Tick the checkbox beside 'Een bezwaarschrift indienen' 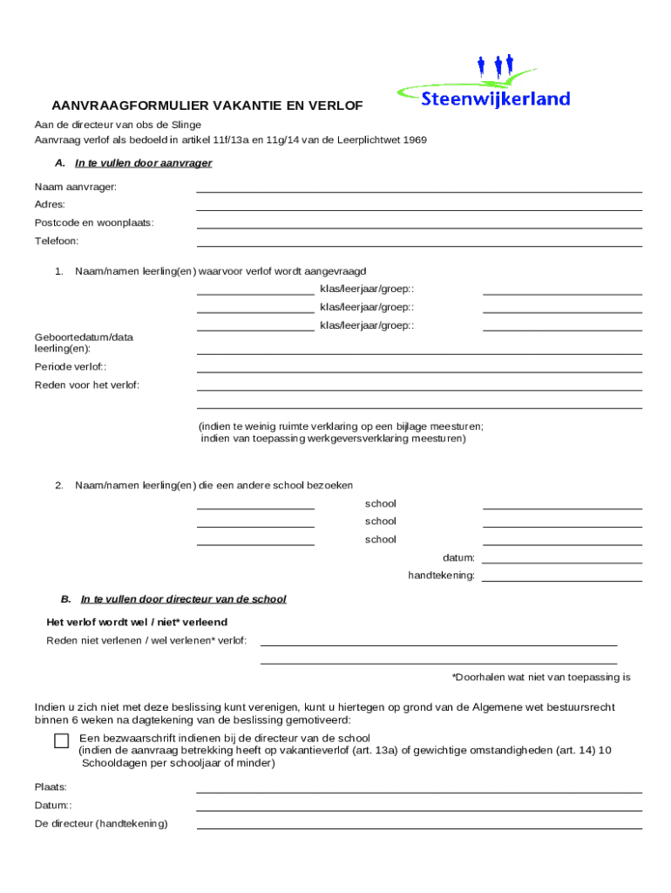tap(61, 741)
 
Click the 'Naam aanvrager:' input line tap(419, 190)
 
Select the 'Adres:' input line tap(419, 208)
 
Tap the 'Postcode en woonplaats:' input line tap(419, 227)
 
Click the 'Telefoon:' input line tap(419, 245)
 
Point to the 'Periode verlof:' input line tap(419, 371)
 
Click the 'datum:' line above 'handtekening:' tap(562, 562)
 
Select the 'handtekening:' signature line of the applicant tap(562, 580)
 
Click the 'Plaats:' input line tap(419, 792)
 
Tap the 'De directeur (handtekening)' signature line tap(419, 828)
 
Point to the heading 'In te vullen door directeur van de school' tap(183, 600)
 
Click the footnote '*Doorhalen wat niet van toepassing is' tap(540, 677)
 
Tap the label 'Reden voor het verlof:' tap(87, 385)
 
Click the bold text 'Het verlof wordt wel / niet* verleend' tap(137, 623)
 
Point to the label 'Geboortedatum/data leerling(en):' tap(84, 343)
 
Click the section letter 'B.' tap(65, 600)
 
